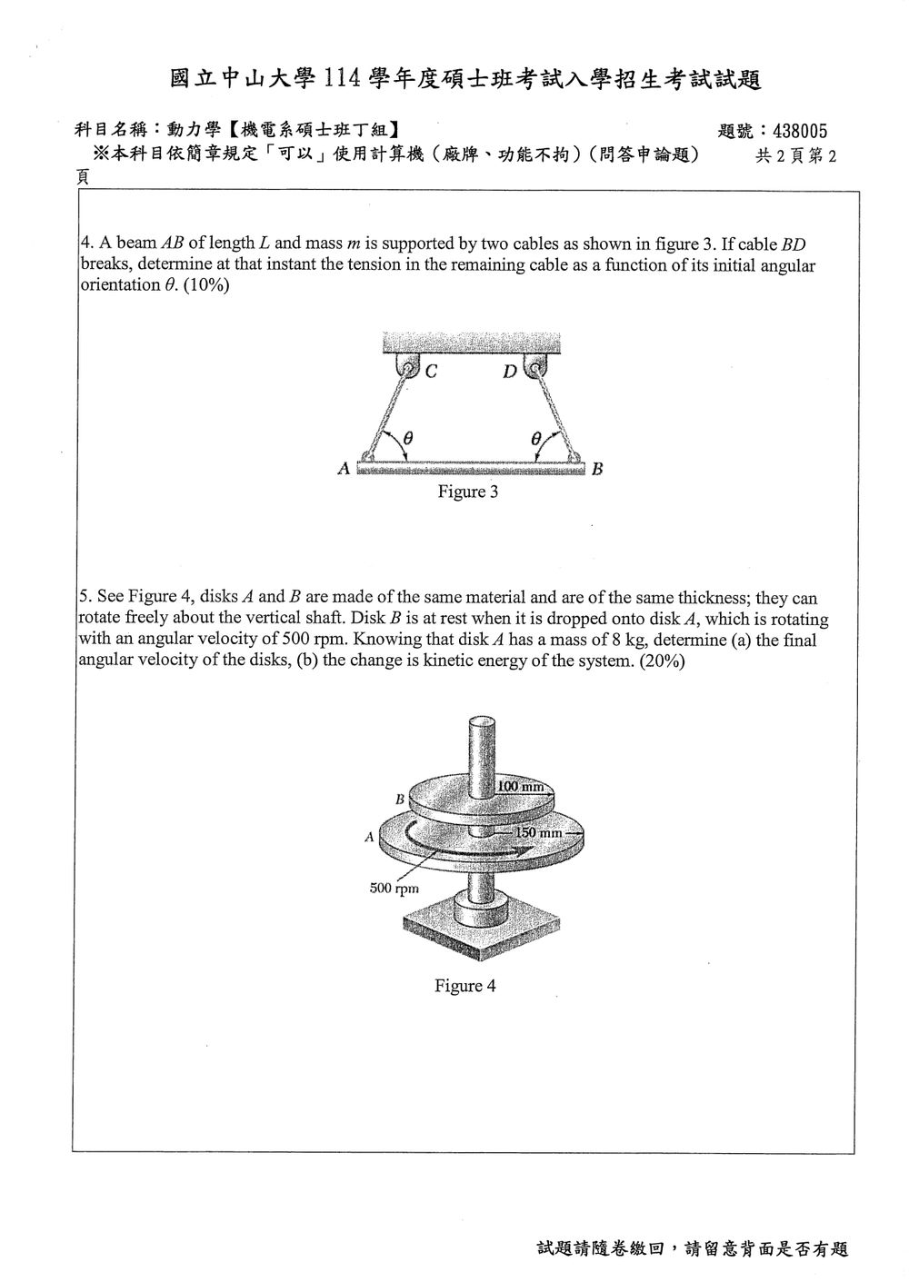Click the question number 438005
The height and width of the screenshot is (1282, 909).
800,132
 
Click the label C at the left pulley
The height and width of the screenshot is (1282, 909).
432,372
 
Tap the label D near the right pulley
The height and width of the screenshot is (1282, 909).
509,372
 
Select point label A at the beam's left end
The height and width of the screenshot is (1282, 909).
344,469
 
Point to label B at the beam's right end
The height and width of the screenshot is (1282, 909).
597,470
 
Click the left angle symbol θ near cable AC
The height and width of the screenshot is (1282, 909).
407,439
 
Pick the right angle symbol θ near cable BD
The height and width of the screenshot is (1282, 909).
535,439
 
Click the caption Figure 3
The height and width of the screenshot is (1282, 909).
467,492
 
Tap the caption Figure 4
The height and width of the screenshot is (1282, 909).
464,986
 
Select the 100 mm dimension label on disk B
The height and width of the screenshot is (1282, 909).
520,786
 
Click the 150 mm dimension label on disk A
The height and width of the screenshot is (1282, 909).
539,833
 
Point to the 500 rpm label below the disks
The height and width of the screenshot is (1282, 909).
394,889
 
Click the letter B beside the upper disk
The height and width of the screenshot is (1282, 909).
400,799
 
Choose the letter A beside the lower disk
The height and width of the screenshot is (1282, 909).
369,838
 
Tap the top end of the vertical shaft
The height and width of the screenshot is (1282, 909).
482,722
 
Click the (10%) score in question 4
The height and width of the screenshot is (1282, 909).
206,285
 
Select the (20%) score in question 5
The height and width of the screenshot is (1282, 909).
663,661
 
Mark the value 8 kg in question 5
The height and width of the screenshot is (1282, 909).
627,640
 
